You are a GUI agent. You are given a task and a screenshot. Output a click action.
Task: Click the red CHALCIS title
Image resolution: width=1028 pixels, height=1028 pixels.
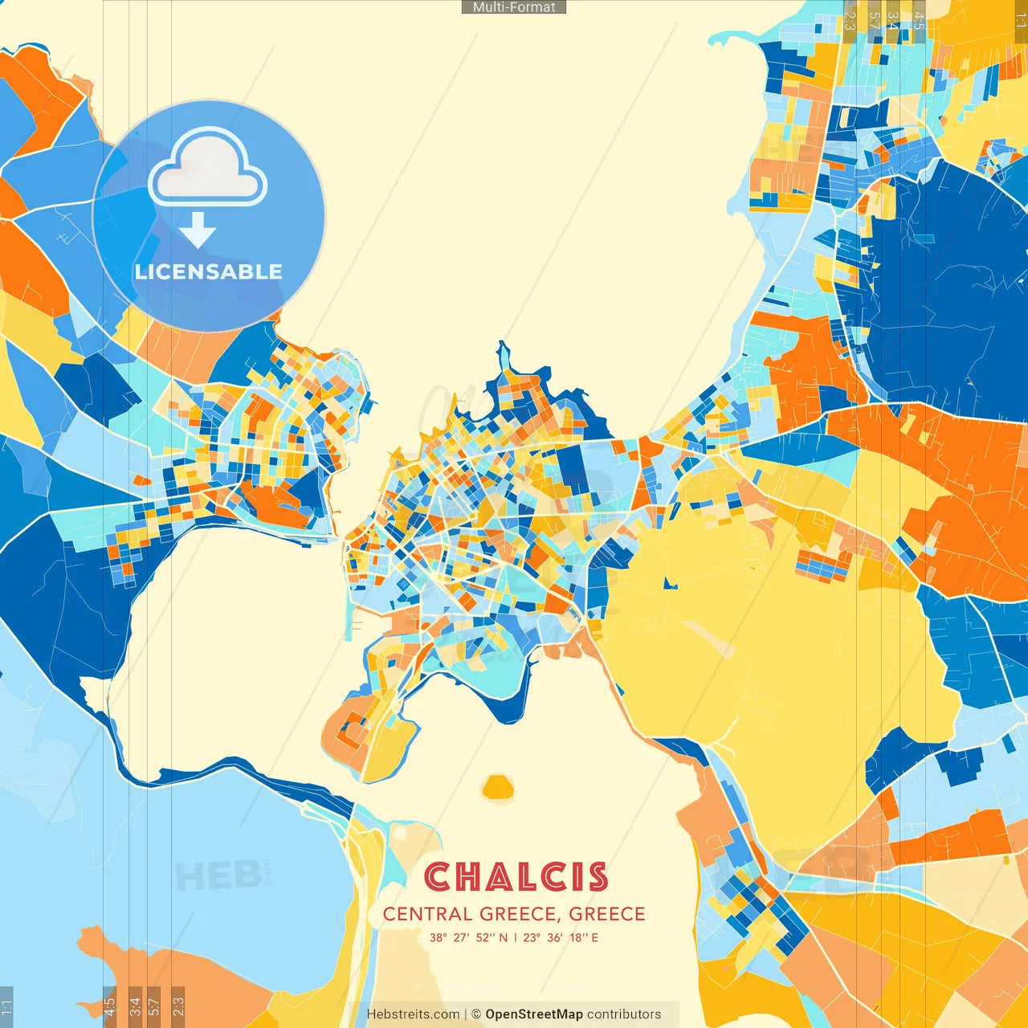tap(516, 877)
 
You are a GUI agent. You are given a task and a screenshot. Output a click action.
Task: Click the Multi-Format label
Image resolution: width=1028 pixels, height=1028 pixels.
tap(514, 7)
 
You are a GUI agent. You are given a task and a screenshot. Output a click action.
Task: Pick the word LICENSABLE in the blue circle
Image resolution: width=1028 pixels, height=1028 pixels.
tap(209, 271)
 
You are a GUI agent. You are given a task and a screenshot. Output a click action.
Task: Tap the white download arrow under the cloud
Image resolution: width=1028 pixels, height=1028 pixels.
tap(198, 230)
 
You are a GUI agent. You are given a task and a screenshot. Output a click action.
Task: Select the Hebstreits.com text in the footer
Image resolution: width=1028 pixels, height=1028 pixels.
tap(413, 1014)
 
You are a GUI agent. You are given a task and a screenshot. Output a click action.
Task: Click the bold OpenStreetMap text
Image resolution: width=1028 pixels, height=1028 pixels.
tap(534, 1014)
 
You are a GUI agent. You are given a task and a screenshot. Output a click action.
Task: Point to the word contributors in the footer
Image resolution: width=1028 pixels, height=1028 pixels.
tap(624, 1014)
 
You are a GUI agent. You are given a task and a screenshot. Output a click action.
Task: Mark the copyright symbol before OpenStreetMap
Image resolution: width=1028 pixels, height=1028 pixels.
tap(476, 1014)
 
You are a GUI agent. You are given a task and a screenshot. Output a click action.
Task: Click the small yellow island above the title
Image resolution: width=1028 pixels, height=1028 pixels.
tap(498, 788)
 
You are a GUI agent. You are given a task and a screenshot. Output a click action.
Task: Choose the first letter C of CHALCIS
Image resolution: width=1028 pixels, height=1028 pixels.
tap(439, 877)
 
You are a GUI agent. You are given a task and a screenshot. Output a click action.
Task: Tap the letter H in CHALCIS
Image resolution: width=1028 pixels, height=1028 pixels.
tap(471, 877)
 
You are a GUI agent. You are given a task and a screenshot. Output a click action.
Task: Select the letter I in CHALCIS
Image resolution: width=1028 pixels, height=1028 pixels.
tap(577, 877)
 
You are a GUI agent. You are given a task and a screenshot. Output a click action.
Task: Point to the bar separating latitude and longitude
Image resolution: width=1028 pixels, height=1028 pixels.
tap(516, 937)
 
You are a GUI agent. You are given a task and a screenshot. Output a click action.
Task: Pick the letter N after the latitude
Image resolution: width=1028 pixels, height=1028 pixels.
tap(504, 937)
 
